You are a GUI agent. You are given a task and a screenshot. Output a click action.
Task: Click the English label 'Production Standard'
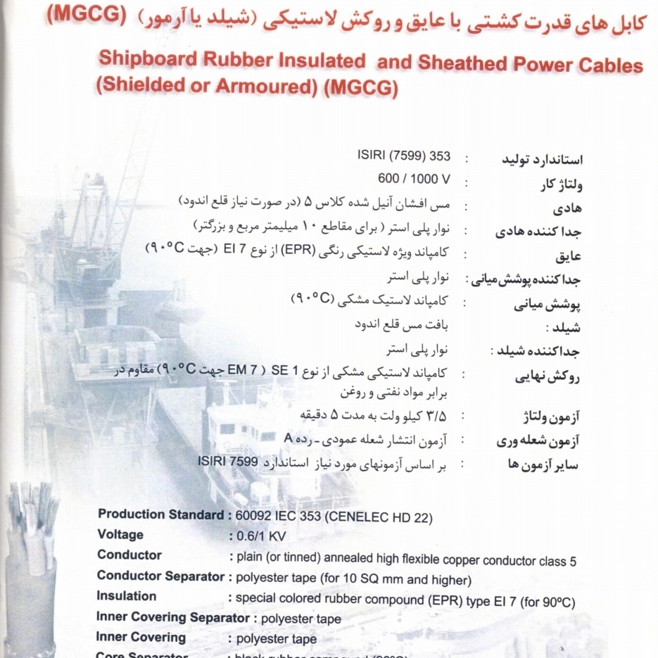coord(161,514)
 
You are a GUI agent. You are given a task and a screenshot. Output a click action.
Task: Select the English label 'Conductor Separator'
coord(160,576)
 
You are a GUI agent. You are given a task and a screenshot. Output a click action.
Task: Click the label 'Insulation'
coord(127,596)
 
